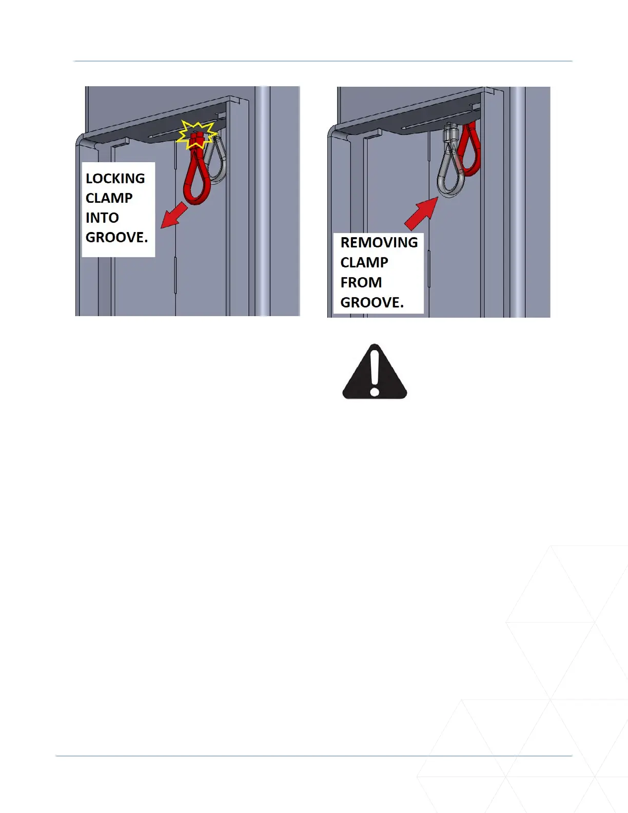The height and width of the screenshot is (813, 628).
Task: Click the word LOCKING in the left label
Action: point(115,179)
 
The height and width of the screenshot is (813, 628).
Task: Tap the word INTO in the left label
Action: point(102,218)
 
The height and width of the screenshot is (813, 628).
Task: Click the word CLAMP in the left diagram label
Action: point(109,198)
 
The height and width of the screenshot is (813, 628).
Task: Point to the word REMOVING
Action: point(379,242)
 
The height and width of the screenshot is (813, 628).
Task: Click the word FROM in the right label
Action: point(361,282)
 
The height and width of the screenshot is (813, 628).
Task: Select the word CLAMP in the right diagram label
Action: point(364,262)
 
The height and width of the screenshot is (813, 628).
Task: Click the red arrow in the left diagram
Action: point(174,215)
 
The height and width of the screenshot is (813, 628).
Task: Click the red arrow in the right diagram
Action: point(421,214)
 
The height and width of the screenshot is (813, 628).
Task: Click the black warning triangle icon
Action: point(375,373)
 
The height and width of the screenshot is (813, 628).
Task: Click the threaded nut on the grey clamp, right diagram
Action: point(450,134)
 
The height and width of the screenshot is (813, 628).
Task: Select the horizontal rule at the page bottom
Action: point(313,756)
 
